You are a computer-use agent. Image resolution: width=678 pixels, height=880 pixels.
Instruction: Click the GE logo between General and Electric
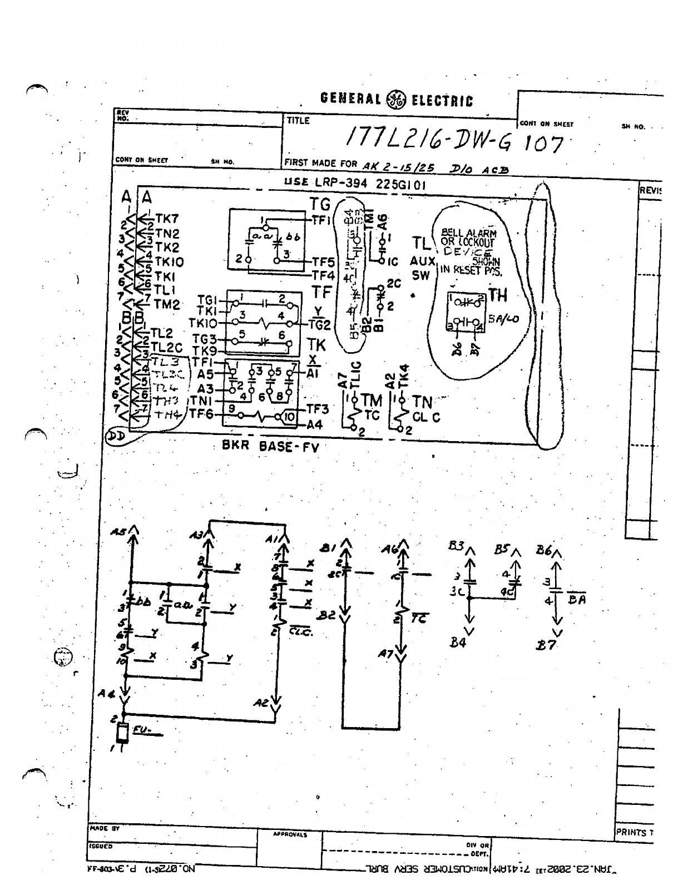(x=397, y=100)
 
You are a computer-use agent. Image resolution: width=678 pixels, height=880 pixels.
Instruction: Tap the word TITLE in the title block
(x=298, y=120)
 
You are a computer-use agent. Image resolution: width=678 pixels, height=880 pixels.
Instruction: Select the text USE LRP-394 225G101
(x=355, y=184)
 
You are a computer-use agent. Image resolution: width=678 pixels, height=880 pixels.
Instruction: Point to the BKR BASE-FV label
(x=270, y=446)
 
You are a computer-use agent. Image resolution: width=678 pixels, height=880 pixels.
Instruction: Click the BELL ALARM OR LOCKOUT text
(x=468, y=238)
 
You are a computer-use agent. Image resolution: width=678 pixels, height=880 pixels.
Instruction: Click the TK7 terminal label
(x=166, y=219)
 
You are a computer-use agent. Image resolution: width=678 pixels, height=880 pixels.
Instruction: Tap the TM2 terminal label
(x=167, y=304)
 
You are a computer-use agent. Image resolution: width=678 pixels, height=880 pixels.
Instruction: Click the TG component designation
(x=320, y=204)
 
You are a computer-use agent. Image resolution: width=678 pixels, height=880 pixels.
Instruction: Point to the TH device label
(x=498, y=296)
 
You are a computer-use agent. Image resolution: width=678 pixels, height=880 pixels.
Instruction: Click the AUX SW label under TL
(x=420, y=268)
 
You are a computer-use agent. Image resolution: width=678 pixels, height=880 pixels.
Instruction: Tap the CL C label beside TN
(x=426, y=417)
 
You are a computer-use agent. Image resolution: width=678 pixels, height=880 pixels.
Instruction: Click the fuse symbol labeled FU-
(x=123, y=734)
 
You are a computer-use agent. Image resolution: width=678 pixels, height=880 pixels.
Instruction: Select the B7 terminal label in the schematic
(x=546, y=645)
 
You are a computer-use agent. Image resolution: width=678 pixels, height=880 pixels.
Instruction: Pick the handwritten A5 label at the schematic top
(x=118, y=532)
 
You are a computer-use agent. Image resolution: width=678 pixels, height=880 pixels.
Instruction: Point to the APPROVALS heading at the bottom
(x=289, y=834)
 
